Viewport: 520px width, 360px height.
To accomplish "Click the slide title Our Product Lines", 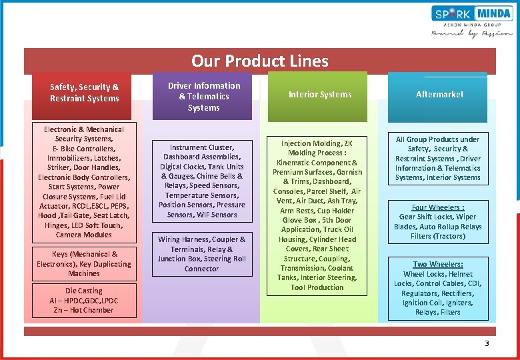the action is click(x=259, y=61).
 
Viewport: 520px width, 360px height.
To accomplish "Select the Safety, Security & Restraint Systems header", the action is click(x=84, y=93).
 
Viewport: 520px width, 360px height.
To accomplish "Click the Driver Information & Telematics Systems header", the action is click(x=204, y=96).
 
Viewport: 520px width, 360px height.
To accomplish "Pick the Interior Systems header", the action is click(x=320, y=95).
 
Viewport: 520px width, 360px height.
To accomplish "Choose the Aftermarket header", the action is click(x=439, y=95).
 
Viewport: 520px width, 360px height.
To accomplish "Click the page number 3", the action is click(x=487, y=343).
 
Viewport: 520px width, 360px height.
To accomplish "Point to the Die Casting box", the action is click(x=84, y=300).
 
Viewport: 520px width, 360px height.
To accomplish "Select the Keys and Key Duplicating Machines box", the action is click(x=84, y=263).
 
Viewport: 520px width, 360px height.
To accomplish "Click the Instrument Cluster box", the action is click(x=203, y=181).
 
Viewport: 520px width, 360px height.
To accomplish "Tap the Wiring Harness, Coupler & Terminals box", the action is click(x=202, y=254).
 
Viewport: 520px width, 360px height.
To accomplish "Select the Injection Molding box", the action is click(x=317, y=215).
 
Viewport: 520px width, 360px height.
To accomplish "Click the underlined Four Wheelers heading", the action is click(x=438, y=207).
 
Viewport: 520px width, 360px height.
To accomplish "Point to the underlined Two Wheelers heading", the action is click(x=438, y=265).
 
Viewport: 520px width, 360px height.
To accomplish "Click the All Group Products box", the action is click(x=438, y=159).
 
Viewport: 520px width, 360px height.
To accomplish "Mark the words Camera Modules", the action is click(x=84, y=235).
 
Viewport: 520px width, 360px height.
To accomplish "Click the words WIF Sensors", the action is click(x=216, y=215).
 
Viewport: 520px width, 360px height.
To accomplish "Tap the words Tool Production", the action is click(x=317, y=287).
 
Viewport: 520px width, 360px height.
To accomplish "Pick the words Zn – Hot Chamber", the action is click(x=84, y=310).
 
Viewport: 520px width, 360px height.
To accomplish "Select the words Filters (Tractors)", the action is click(x=438, y=236).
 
